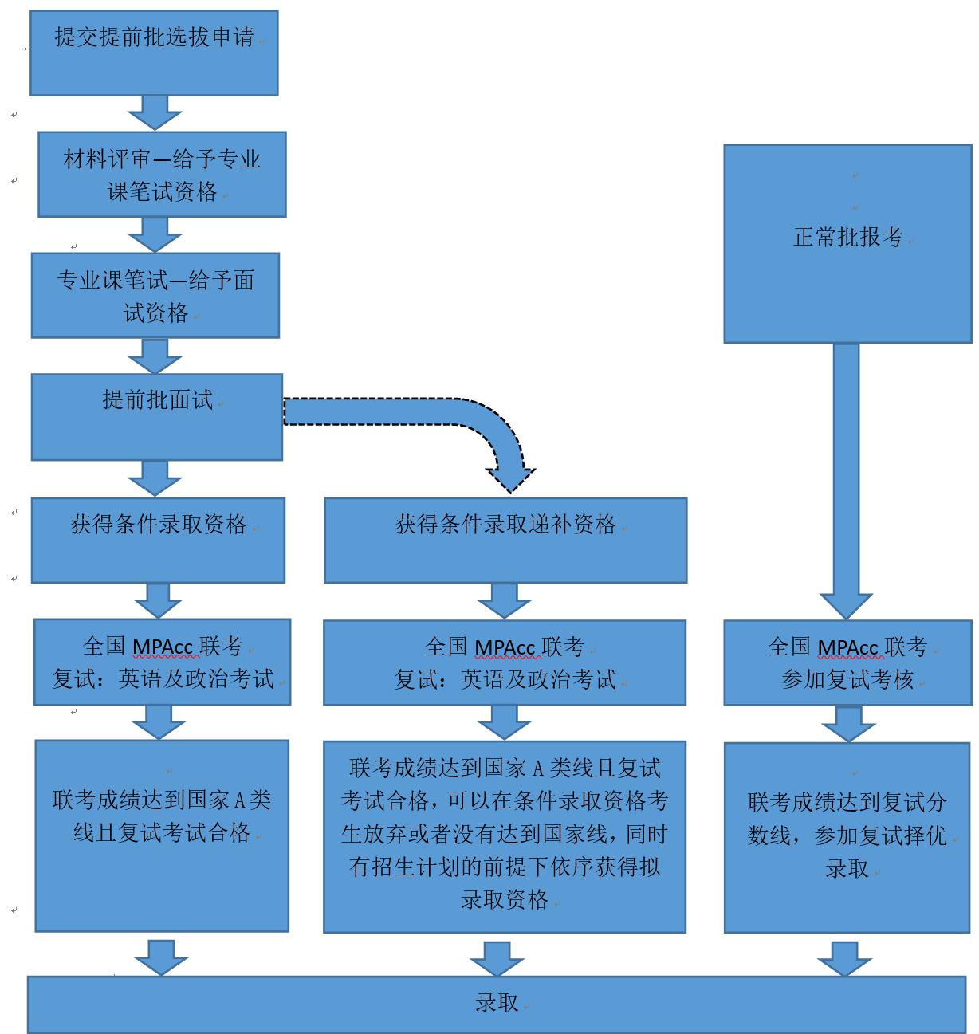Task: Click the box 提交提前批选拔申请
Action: [154, 53]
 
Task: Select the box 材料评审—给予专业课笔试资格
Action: [162, 175]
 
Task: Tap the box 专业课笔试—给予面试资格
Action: [155, 295]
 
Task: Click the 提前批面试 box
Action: [157, 417]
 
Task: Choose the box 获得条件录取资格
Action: [158, 540]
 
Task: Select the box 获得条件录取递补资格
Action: [505, 540]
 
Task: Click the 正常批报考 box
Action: [847, 243]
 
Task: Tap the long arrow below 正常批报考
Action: [846, 478]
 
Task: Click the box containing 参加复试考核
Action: [847, 662]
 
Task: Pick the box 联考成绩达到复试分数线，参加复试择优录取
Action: [847, 837]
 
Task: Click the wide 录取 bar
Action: [496, 1004]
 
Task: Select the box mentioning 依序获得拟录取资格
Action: [505, 836]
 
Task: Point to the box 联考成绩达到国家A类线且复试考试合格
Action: [162, 835]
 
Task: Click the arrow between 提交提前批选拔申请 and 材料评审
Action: [155, 112]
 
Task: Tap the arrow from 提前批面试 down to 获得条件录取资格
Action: [155, 478]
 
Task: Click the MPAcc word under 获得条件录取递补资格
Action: [505, 648]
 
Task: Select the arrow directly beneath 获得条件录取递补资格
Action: [505, 600]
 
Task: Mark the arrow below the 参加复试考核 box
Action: [847, 724]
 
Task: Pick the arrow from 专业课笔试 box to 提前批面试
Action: [155, 356]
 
